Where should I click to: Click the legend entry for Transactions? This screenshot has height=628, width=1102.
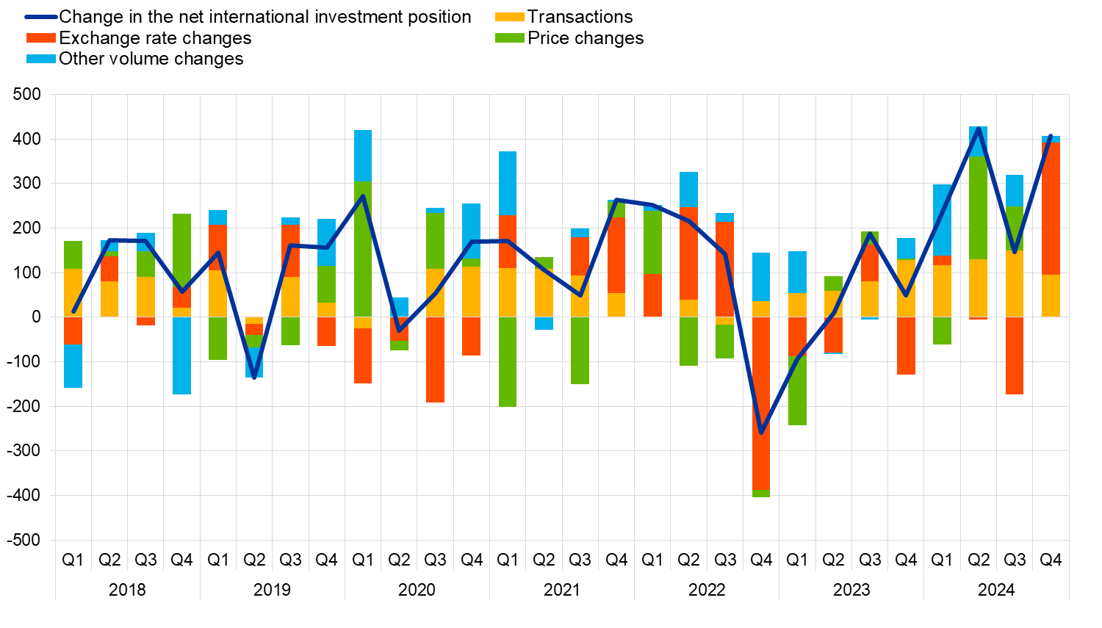580,17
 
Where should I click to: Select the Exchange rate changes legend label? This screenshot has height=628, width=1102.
155,38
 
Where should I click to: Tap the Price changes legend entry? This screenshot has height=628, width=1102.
586,38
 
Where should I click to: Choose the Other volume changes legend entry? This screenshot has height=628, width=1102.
151,59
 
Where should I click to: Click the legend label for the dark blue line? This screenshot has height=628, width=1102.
264,17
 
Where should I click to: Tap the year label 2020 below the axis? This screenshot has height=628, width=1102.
417,590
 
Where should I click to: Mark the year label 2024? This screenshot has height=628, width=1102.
996,590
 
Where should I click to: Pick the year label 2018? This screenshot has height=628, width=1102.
127,590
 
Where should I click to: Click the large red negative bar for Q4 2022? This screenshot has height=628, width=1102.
761,403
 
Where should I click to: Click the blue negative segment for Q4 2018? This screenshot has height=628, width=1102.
181,355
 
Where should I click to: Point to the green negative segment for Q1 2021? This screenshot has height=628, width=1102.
508,361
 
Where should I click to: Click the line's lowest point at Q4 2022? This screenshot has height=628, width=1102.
761,433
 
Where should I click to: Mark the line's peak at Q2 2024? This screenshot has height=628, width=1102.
978,129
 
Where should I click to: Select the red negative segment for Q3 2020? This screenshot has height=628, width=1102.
435,360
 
